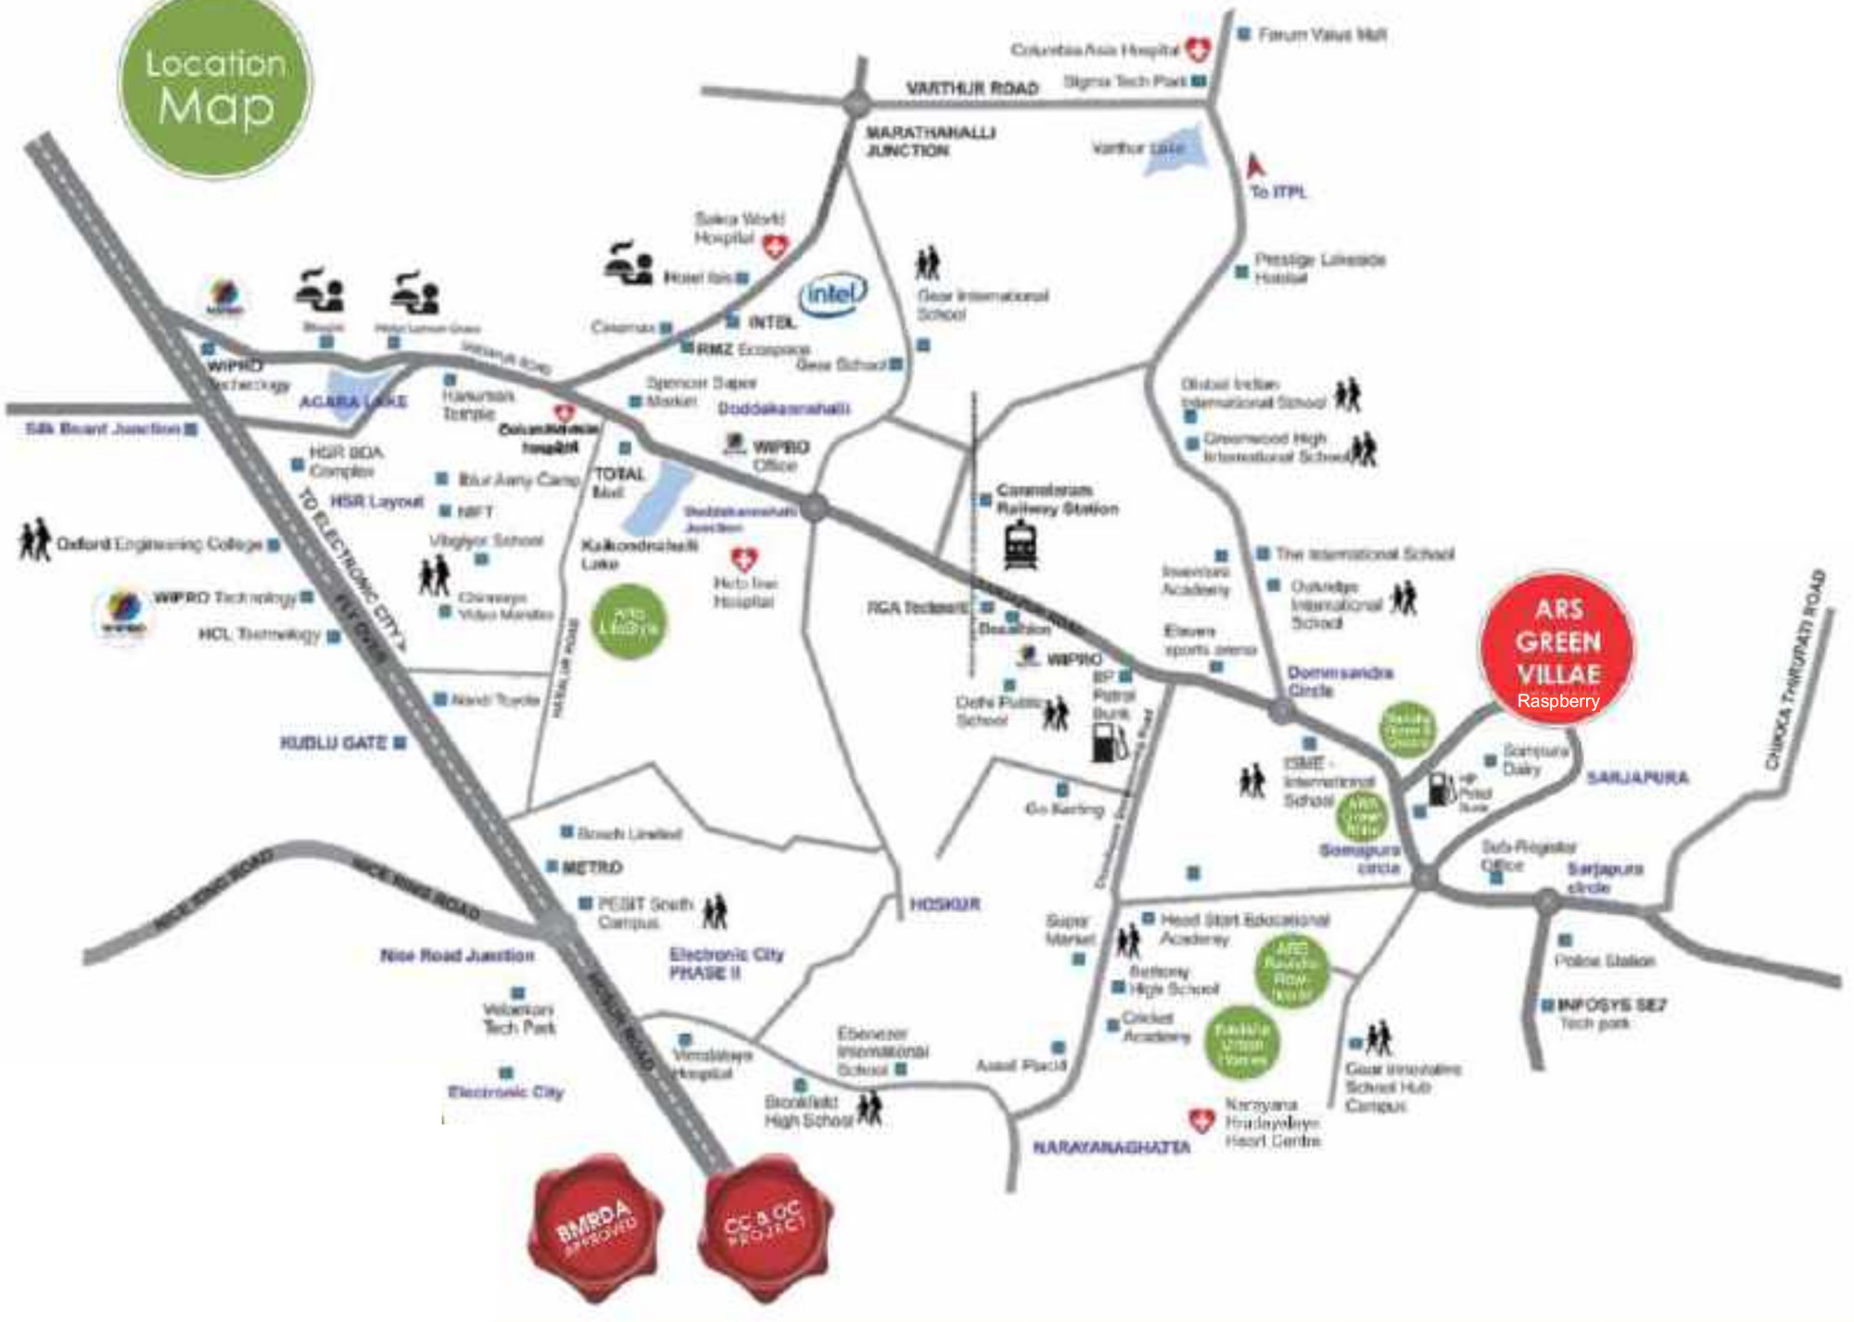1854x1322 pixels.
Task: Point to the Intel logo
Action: [832, 295]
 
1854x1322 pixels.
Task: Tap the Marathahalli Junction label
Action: [929, 141]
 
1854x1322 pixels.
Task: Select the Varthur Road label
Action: [971, 88]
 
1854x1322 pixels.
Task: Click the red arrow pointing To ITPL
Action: [1256, 167]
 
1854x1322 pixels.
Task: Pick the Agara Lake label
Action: [352, 401]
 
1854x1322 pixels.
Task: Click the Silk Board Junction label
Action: [103, 428]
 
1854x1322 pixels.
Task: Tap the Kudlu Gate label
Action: [334, 743]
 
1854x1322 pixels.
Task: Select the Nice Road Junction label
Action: [457, 955]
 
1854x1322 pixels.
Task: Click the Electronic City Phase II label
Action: [726, 963]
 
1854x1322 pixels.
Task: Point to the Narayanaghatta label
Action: [1111, 1147]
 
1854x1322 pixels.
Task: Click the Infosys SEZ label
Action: [1611, 1005]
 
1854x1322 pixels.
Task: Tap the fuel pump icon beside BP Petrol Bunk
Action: [1109, 742]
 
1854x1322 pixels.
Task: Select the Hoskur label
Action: [945, 904]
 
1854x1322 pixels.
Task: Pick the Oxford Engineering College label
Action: [159, 544]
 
